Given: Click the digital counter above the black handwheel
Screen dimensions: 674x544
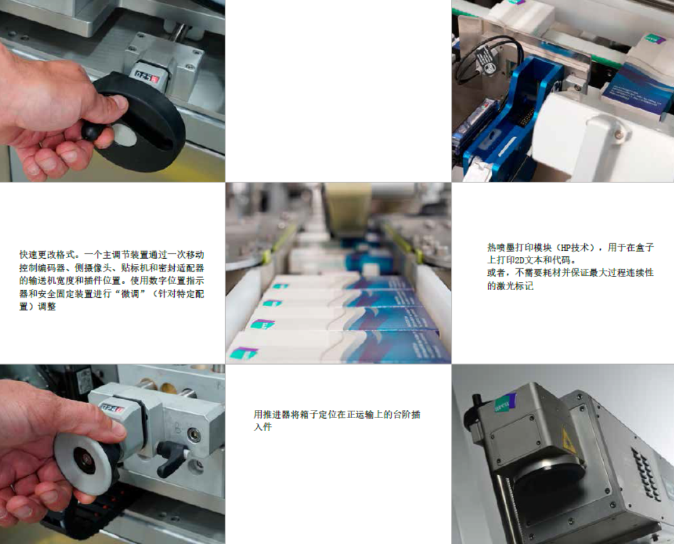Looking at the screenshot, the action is [x=147, y=78].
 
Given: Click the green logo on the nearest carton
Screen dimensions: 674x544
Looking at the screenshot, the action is [x=244, y=353].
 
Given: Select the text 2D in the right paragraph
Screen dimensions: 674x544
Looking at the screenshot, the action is [x=519, y=260].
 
